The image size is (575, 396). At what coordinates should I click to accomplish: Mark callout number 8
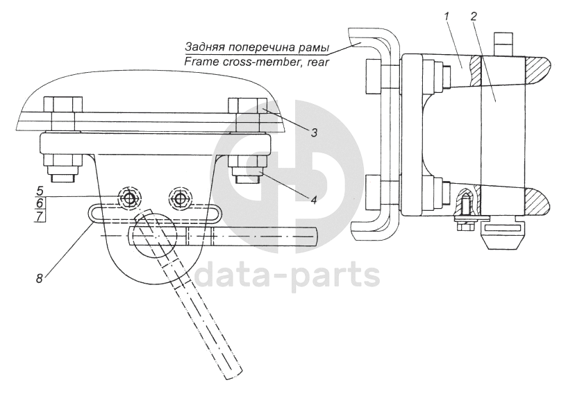40,279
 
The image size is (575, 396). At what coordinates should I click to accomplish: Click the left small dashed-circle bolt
128,198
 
